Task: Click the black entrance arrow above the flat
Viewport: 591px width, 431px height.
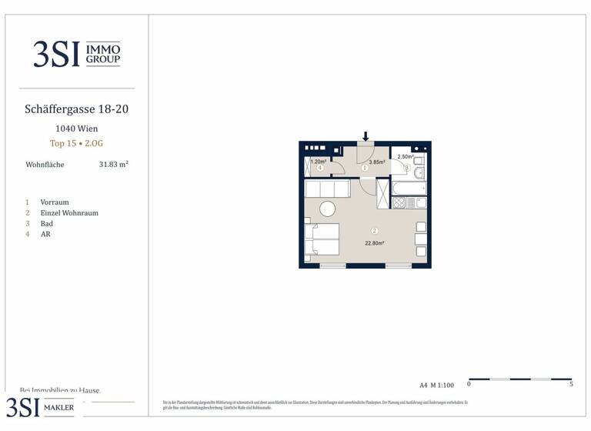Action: [366, 136]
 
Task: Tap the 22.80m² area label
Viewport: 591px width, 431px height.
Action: [375, 243]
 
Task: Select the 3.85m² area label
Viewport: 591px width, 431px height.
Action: [377, 162]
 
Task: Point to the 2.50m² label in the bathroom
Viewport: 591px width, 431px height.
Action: [406, 157]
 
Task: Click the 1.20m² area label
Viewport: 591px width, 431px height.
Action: [319, 162]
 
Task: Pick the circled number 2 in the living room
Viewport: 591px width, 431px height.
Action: [375, 230]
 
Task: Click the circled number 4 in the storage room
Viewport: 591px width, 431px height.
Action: [319, 168]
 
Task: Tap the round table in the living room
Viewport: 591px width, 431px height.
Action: [328, 209]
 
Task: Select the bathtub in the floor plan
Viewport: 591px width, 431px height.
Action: [409, 188]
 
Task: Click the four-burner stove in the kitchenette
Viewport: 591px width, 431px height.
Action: [399, 203]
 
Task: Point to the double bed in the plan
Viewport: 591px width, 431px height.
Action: [322, 239]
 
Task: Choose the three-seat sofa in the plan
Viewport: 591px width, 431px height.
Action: [328, 189]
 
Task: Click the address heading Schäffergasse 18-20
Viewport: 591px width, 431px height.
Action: [77, 109]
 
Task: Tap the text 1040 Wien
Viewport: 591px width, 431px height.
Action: [77, 129]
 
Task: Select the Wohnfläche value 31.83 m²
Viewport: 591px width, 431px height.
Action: [113, 165]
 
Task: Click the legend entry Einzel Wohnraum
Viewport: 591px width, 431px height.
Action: [69, 213]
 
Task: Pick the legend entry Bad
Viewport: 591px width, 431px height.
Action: [47, 224]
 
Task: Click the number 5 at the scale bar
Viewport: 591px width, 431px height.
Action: [571, 384]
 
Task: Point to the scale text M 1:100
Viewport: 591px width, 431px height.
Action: [442, 385]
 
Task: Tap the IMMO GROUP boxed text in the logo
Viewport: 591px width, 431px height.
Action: [102, 54]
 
